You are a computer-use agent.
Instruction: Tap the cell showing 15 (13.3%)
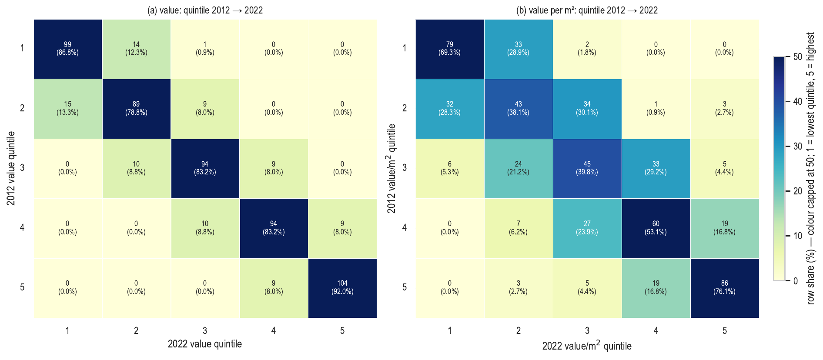67,109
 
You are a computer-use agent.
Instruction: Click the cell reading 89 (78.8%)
136,109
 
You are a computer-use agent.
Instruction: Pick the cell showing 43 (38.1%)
519,109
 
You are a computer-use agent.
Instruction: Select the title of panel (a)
205,10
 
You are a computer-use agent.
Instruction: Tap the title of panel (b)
587,10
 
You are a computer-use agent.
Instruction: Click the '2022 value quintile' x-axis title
205,344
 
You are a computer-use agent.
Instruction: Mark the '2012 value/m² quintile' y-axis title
391,169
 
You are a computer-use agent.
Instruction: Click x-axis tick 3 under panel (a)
205,331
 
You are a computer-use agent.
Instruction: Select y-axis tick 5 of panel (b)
405,287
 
